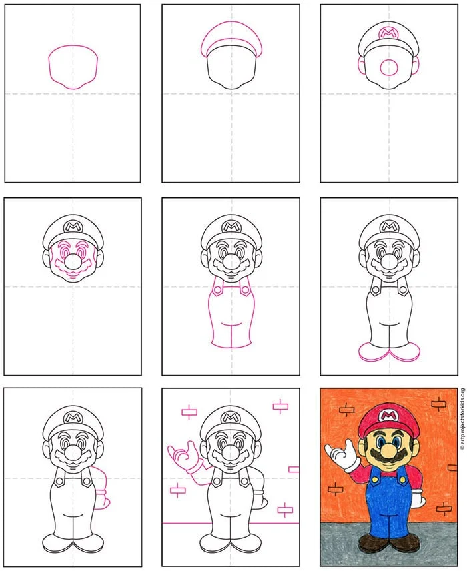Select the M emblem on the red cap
pos(388,415)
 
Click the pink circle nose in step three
pos(389,67)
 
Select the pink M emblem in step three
pos(388,33)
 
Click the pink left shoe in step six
pos(374,353)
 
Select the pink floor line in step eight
pos(230,523)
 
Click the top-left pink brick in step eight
pos(189,412)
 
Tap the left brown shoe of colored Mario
pos(372,543)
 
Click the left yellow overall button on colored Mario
pos(374,480)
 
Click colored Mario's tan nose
pos(389,452)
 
